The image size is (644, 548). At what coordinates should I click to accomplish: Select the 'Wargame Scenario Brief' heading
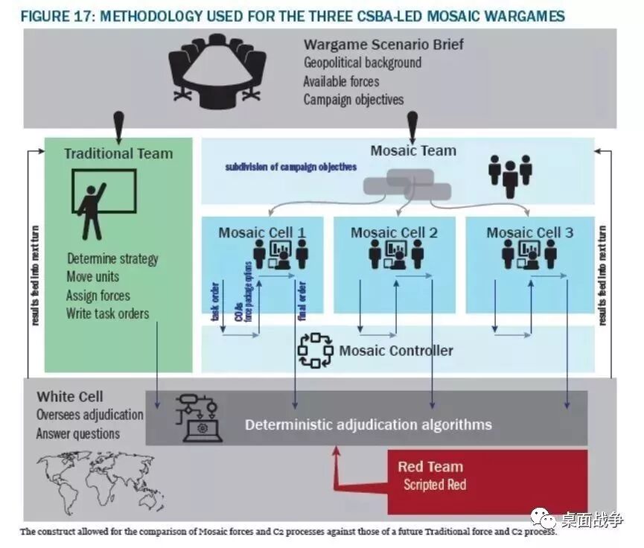(x=383, y=45)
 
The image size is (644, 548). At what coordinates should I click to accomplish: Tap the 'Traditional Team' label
(x=118, y=154)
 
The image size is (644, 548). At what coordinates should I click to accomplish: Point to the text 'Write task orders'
(x=107, y=313)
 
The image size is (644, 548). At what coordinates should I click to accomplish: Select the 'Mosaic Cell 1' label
(x=262, y=233)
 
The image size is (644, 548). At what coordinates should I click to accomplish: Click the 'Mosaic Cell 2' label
(x=395, y=233)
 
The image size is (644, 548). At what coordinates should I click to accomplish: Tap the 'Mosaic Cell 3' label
(x=530, y=233)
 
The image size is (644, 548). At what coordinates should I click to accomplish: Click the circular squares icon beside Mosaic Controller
(x=314, y=349)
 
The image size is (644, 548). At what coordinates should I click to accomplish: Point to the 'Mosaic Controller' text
(x=396, y=350)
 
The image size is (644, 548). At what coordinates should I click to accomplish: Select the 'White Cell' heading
(x=70, y=397)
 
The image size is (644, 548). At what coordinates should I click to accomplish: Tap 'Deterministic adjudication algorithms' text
(x=369, y=425)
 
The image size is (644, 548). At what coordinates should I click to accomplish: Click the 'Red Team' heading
(x=430, y=467)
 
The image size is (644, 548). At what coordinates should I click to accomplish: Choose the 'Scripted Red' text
(x=435, y=485)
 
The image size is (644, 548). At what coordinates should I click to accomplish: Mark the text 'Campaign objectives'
(x=354, y=99)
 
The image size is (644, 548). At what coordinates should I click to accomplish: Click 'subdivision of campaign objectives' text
(x=291, y=168)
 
